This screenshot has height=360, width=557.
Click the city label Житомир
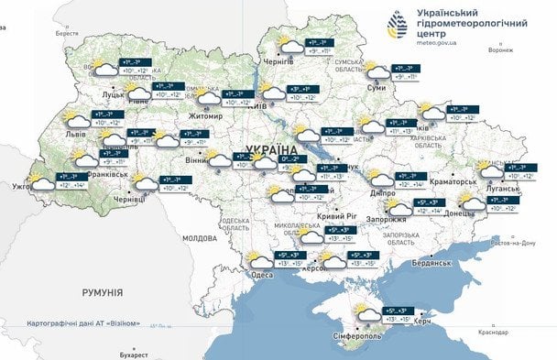click(205, 116)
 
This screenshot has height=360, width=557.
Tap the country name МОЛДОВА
click(199, 237)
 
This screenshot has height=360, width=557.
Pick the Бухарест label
click(134, 354)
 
